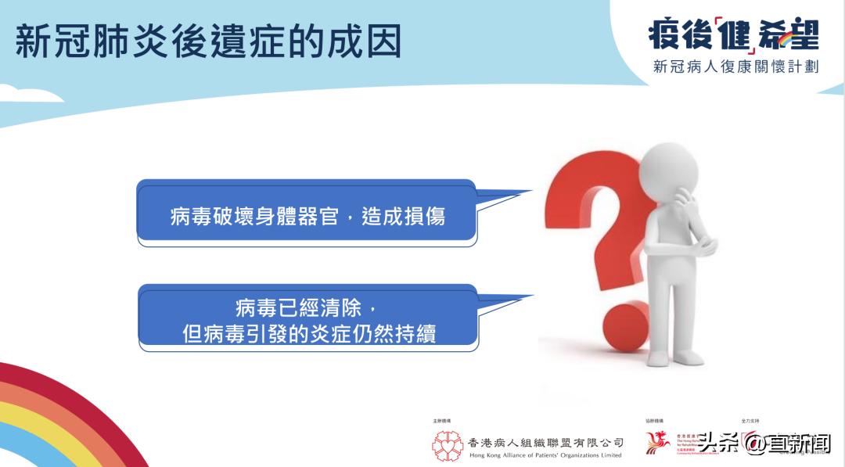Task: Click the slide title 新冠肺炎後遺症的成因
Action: click(x=207, y=41)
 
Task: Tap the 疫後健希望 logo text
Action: click(x=732, y=34)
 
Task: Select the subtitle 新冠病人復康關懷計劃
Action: click(x=735, y=67)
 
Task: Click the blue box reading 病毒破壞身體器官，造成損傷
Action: click(x=307, y=215)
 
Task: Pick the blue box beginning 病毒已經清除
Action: click(x=308, y=319)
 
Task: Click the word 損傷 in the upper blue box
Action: click(x=426, y=217)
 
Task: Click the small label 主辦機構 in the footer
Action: click(x=442, y=421)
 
